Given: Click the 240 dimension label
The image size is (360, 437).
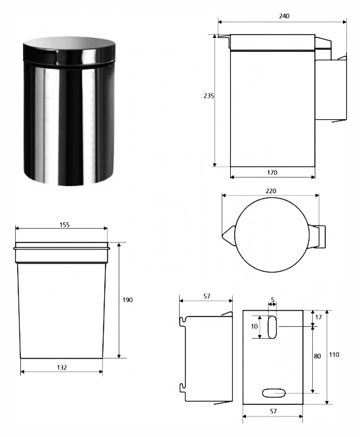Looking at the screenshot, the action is (284, 16).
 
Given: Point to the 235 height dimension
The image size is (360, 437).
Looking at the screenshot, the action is (209, 96).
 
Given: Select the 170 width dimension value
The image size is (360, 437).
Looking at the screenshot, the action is (272, 173).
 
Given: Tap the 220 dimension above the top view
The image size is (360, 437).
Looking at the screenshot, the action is (271, 191).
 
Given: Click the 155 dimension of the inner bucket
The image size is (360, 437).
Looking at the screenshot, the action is (64, 225).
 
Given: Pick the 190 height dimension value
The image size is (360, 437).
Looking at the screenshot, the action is (128, 300).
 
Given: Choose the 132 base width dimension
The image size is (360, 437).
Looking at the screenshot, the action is (62, 368).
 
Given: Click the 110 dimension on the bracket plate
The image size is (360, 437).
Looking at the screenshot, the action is (334, 355).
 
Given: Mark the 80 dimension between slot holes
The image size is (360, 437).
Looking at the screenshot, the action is (317, 356).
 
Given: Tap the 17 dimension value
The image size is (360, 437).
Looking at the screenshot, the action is (319, 317).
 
